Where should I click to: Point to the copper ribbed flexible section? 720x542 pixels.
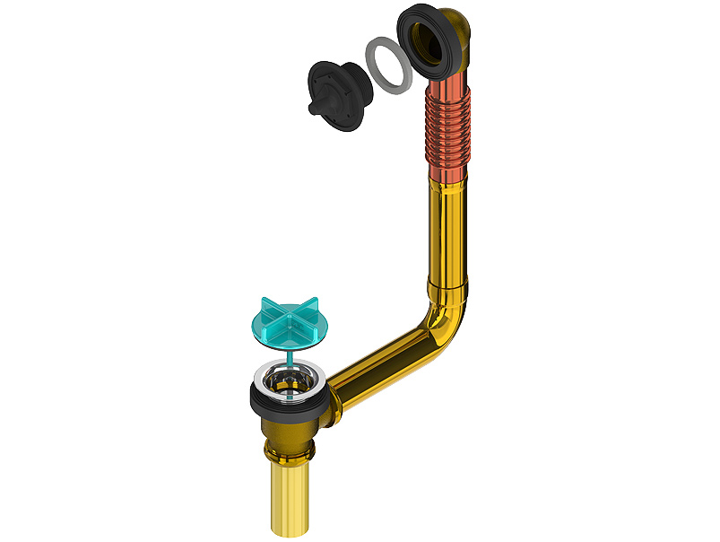(448, 135)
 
